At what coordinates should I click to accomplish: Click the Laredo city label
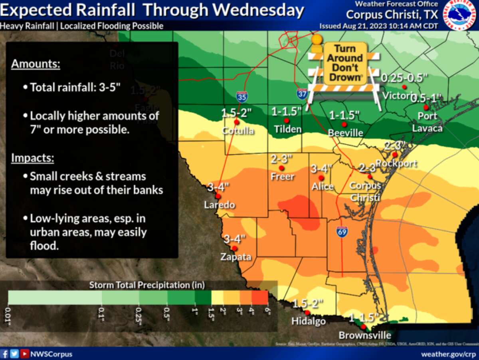[219, 205]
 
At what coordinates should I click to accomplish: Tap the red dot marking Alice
[321, 178]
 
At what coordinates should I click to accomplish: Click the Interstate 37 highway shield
[302, 93]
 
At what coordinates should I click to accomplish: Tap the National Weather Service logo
[459, 15]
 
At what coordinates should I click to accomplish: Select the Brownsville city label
[364, 335]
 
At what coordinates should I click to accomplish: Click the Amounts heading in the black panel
[36, 64]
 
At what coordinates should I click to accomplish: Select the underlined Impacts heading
[32, 158]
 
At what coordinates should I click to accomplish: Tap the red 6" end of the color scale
[260, 298]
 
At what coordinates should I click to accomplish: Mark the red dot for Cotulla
[236, 122]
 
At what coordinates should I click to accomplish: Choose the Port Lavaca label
[427, 122]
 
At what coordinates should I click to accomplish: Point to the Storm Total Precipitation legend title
[146, 285]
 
